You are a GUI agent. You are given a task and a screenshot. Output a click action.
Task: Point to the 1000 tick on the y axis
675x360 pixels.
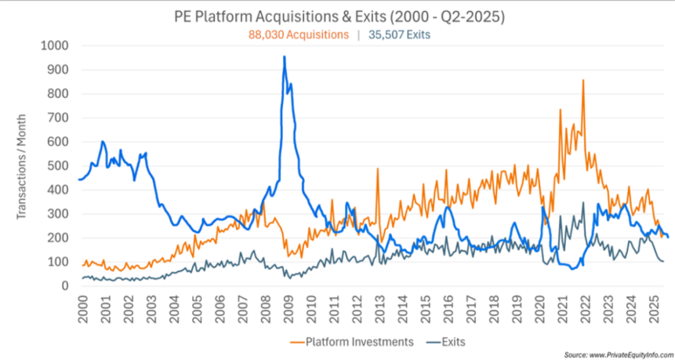[53, 45]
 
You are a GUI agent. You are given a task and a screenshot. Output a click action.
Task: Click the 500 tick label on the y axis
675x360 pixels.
[56, 165]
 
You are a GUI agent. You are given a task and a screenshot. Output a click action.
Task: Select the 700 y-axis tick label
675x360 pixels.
[56, 118]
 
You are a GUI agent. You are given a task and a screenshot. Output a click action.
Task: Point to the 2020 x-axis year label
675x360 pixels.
[540, 308]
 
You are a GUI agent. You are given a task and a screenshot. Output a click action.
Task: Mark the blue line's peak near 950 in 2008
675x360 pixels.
[284, 56]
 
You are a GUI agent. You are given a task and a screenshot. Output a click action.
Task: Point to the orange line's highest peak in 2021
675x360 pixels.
[582, 80]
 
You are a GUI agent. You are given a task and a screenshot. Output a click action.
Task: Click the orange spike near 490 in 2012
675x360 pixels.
[378, 169]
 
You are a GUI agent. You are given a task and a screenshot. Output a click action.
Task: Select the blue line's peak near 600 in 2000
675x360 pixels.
[103, 142]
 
